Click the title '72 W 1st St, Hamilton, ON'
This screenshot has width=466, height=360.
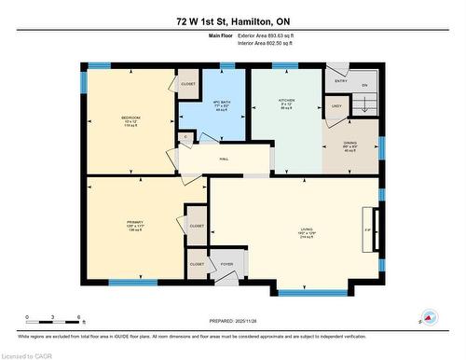click(232, 21)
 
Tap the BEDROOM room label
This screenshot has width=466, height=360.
click(130, 118)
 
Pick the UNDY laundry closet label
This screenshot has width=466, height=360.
click(336, 106)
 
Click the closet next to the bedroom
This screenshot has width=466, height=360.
click(188, 83)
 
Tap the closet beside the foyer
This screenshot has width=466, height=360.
click(197, 264)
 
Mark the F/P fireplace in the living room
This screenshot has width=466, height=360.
click(368, 228)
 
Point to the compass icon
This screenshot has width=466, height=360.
click(429, 317)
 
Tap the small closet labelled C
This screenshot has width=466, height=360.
click(186, 137)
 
